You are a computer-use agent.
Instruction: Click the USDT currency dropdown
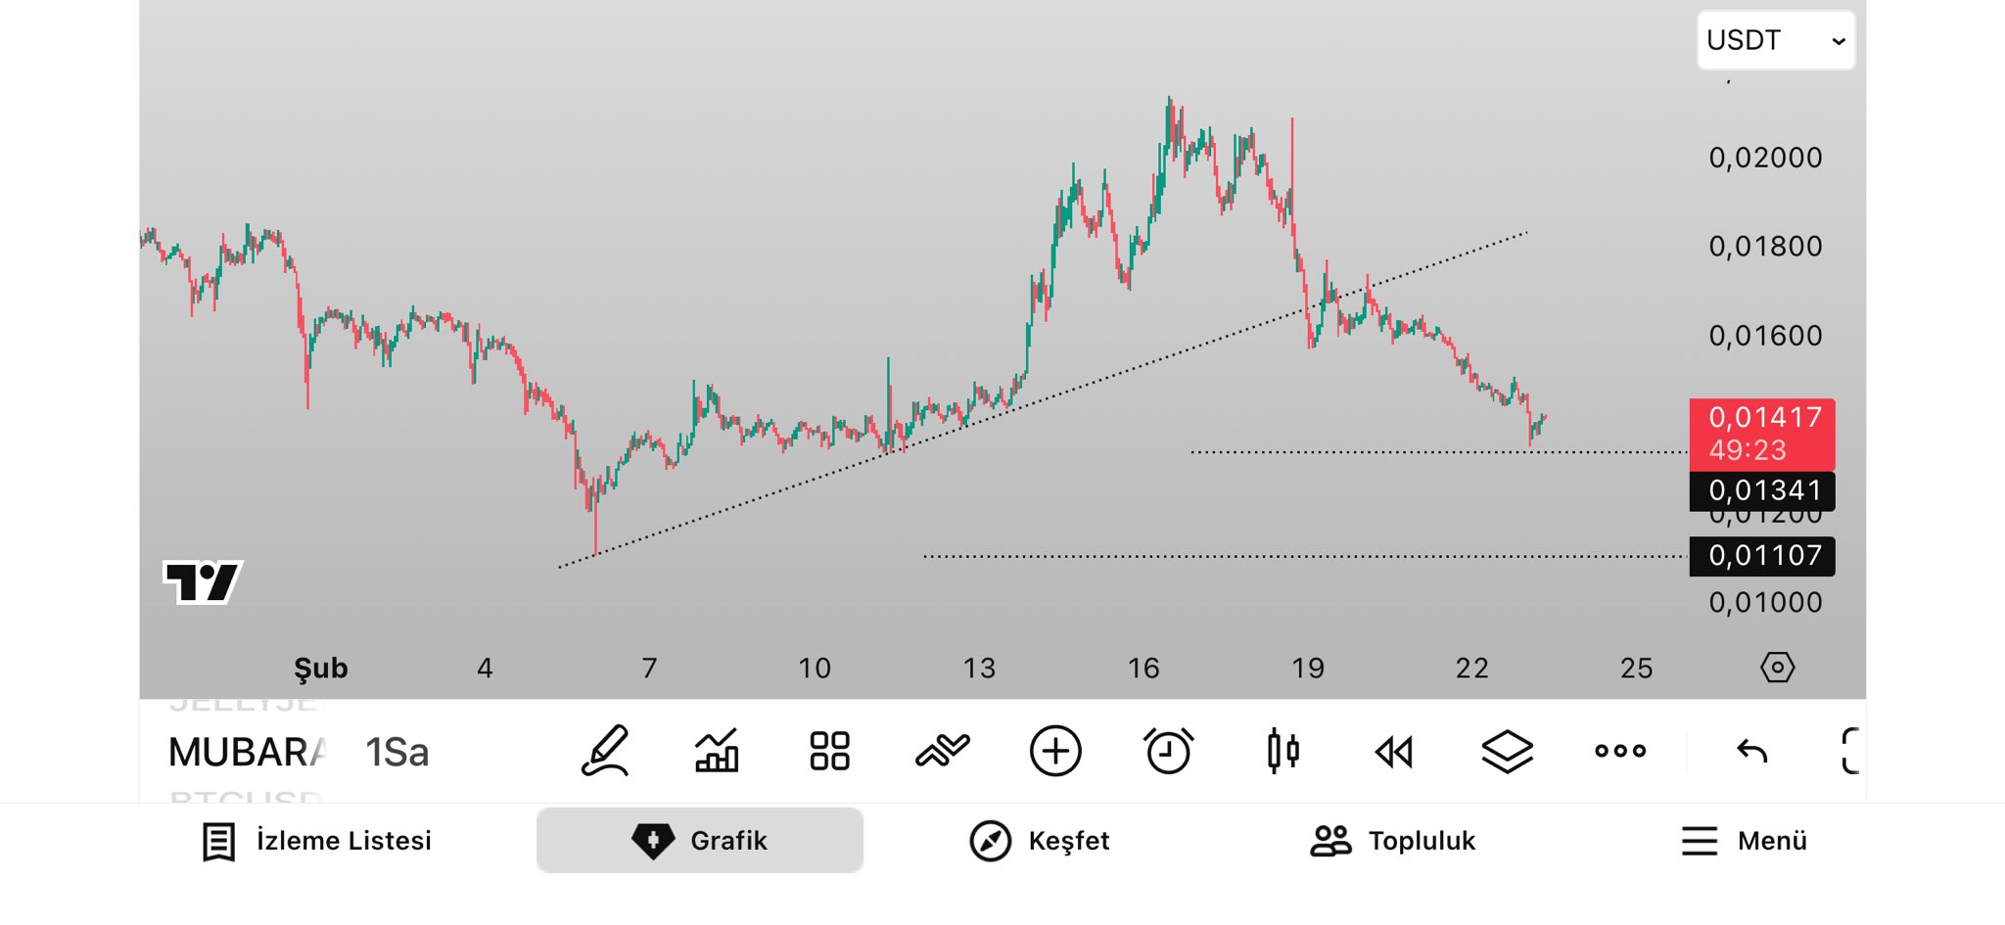1775,40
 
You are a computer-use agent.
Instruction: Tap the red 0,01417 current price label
1762,434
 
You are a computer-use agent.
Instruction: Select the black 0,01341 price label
1762,490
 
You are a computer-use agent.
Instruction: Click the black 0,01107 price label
1762,556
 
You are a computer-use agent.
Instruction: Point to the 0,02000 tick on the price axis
1765,158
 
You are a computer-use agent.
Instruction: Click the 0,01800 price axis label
1765,247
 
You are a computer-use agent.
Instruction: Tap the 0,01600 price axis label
1765,336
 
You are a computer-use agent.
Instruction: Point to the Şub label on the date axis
321,669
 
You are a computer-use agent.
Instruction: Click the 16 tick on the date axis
1143,669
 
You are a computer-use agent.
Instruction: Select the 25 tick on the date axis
1636,669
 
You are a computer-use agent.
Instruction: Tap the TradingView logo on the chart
203,582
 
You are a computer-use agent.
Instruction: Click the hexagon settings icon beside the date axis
1777,668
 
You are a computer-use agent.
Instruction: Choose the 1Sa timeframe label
397,753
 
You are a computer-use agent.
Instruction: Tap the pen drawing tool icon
605,752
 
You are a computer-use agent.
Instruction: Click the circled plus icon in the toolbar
1055,752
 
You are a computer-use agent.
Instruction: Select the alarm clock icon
1168,752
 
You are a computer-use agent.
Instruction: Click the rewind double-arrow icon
1394,752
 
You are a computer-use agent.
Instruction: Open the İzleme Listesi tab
316,841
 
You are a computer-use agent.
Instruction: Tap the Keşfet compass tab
1039,841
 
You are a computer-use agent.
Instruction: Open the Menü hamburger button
1744,841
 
